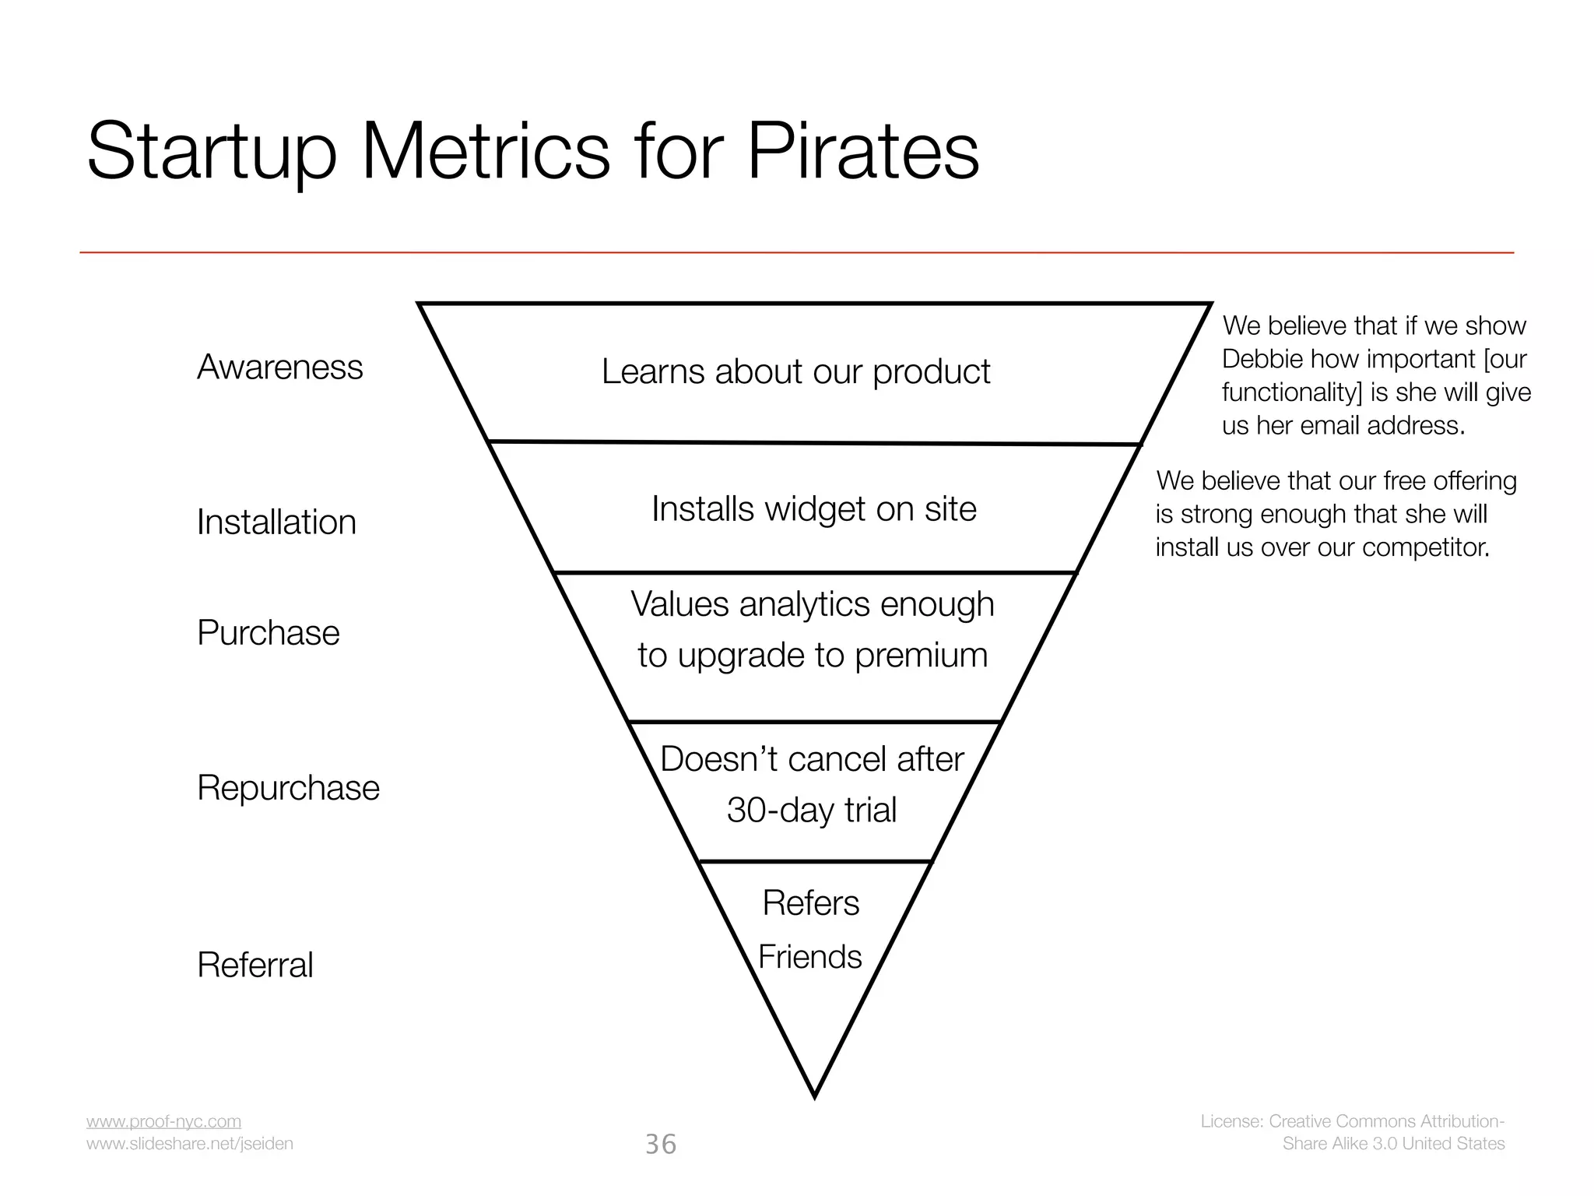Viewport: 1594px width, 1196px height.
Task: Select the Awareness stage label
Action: point(279,367)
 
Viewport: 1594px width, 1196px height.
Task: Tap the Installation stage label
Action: point(276,522)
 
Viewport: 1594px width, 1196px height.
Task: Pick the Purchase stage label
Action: point(268,632)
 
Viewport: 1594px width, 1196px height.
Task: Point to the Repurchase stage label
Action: point(288,787)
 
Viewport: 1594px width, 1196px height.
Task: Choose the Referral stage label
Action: point(255,965)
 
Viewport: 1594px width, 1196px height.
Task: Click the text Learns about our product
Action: point(795,371)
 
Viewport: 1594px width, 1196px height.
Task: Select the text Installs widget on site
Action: point(813,509)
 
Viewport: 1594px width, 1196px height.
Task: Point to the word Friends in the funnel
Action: point(809,957)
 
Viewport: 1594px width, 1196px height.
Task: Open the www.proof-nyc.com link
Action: point(163,1121)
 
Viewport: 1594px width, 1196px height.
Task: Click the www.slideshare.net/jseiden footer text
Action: point(189,1143)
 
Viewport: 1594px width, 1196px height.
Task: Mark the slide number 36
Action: point(661,1144)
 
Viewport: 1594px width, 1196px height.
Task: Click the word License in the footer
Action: point(1231,1121)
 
